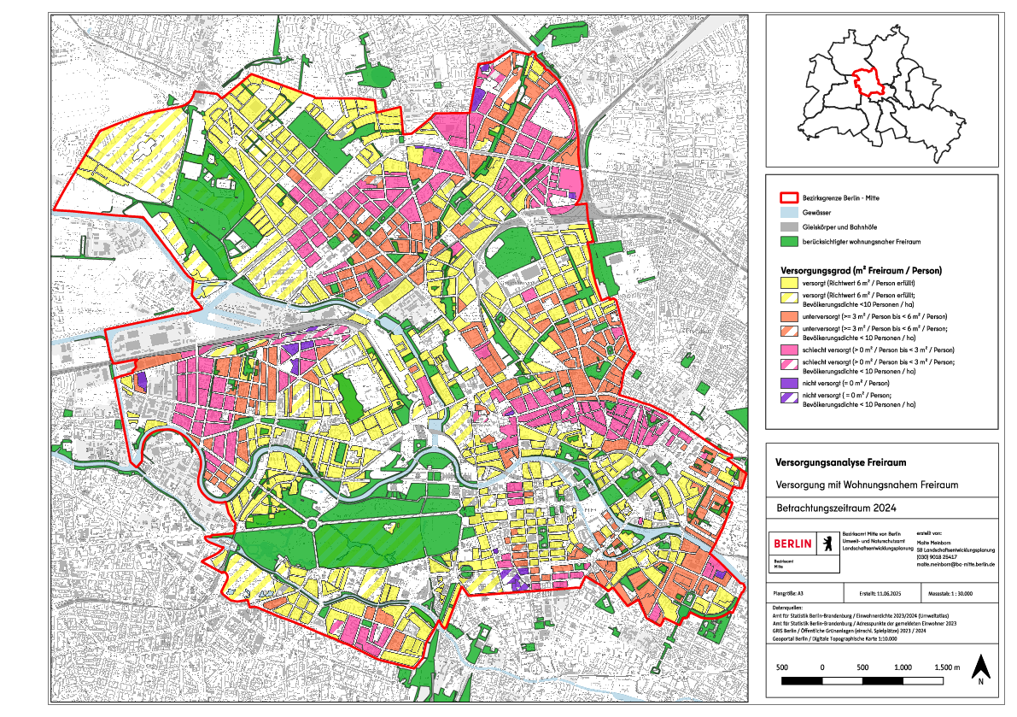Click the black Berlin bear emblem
(x=826, y=543)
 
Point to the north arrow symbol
(x=982, y=667)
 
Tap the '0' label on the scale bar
(x=821, y=667)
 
